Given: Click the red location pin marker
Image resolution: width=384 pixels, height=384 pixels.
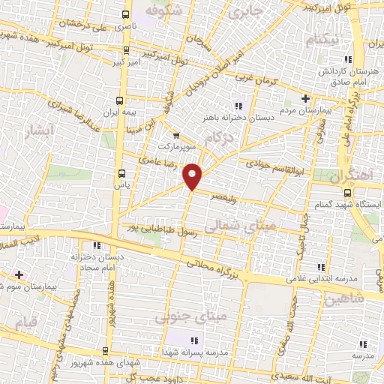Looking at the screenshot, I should pos(193,176).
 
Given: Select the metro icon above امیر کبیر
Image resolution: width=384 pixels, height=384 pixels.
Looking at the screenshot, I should pos(125,52).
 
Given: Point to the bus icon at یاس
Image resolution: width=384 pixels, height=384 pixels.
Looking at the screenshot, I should pos(118,171).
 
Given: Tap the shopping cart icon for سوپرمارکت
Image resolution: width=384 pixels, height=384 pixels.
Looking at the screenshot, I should pos(176,135).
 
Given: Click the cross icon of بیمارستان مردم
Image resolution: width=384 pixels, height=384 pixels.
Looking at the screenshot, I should pos(304,98).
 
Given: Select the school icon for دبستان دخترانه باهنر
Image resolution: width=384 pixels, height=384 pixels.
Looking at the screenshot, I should pos(238,106).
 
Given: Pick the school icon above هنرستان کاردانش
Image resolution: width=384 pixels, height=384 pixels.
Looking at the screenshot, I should pos(346,59).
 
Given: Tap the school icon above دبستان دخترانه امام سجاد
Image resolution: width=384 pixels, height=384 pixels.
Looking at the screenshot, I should pos(95,245).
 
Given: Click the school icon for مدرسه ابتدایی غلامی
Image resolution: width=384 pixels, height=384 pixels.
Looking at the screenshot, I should pos(322,267).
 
